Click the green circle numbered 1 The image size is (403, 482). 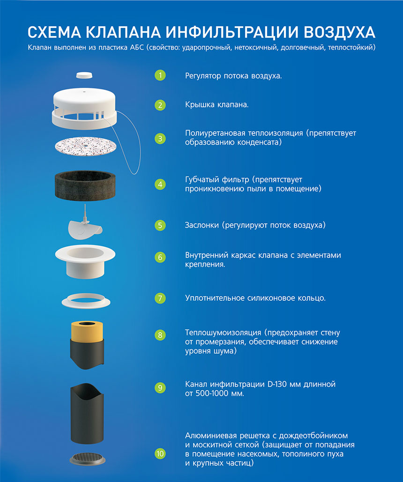point(160,75)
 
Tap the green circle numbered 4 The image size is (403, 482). point(160,185)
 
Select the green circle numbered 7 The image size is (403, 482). point(160,298)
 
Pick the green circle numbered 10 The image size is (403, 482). point(160,454)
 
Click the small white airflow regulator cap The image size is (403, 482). point(84,75)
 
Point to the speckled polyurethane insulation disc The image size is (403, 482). point(86,146)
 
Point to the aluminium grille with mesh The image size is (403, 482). point(87,459)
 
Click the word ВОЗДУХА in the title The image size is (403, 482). point(340,32)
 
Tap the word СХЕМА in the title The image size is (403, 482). point(54,32)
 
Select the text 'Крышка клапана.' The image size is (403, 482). point(217,105)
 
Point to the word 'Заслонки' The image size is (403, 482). point(202,225)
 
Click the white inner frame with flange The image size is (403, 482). point(85,261)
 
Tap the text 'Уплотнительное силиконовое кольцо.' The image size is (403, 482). point(255,298)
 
